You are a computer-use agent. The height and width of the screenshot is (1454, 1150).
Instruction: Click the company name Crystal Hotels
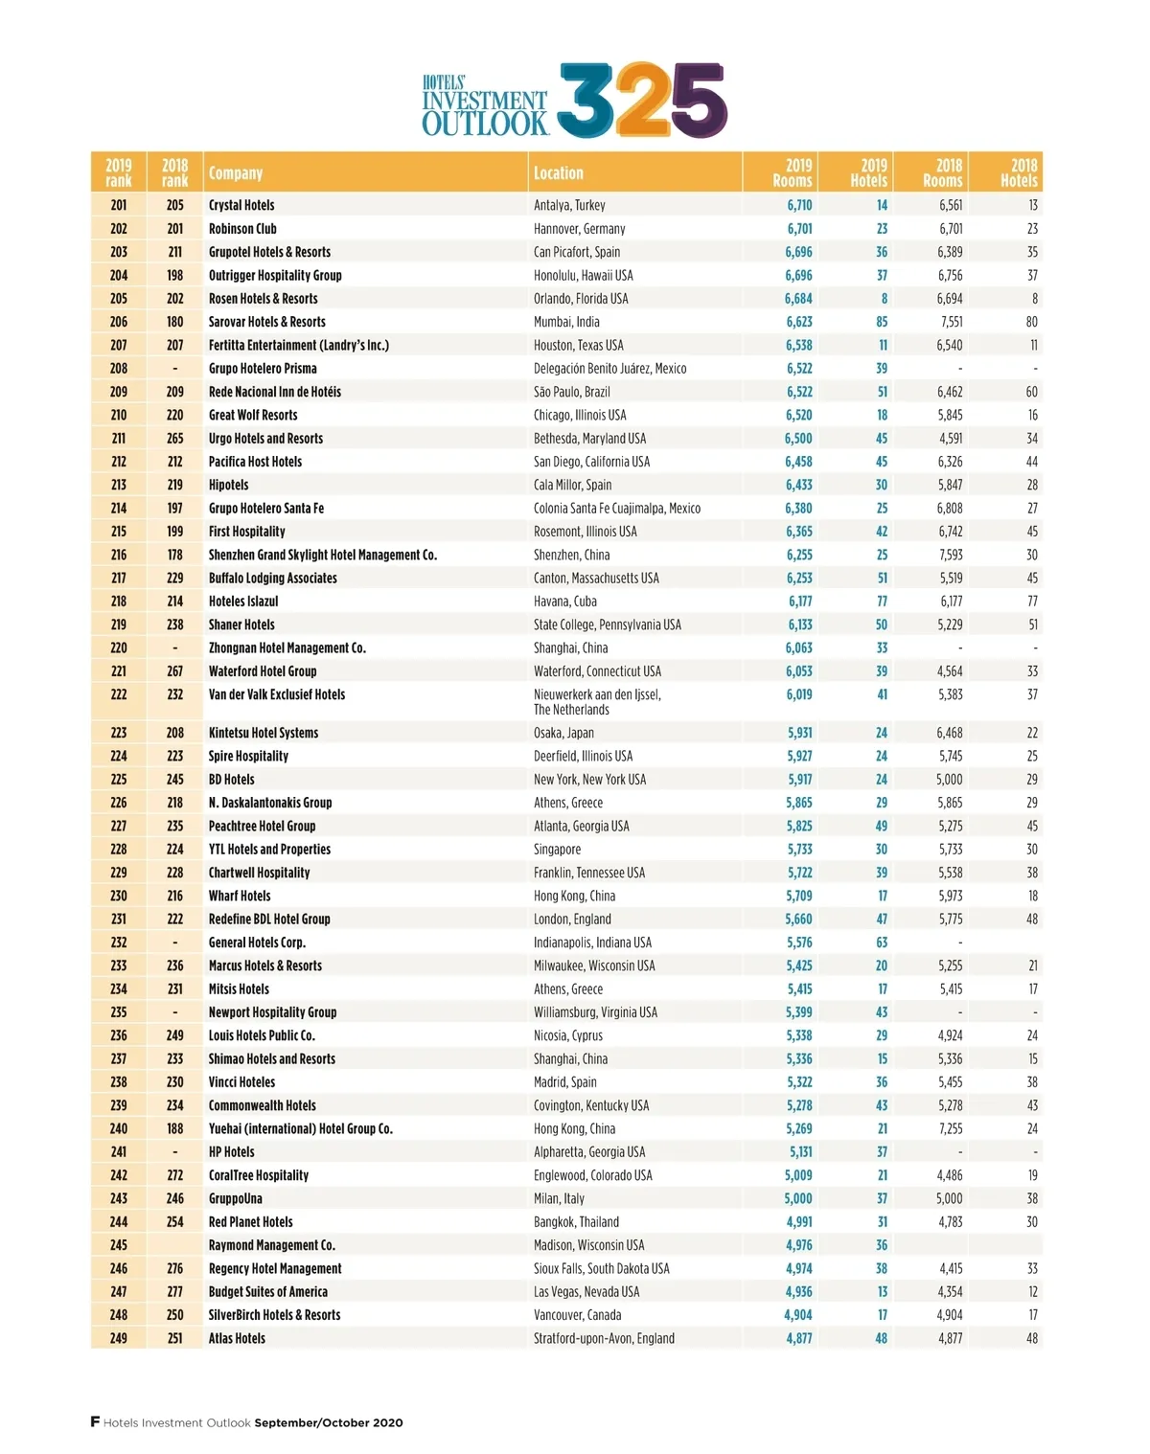tap(241, 205)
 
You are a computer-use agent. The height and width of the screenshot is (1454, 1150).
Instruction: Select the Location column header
tap(558, 173)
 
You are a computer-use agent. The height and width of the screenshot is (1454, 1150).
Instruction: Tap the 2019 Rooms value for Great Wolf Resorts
tap(798, 415)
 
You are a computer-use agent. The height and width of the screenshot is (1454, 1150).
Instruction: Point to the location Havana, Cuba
tap(565, 602)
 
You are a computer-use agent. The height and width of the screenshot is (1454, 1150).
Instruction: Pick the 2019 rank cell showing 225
tap(119, 780)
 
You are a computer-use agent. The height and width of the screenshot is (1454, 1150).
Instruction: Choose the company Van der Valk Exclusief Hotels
tap(277, 694)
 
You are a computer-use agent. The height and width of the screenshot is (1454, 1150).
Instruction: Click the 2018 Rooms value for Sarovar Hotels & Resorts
tap(951, 322)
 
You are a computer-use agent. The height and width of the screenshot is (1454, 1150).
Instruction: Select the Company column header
tap(236, 173)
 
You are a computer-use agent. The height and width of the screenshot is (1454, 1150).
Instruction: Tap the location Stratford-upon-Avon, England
tap(604, 1338)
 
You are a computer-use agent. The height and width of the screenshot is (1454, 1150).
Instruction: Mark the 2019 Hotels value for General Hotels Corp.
tap(881, 943)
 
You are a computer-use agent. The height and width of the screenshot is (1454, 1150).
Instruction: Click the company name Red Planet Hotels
tap(251, 1222)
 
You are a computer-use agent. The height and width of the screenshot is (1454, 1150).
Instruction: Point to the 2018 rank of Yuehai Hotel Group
tap(174, 1128)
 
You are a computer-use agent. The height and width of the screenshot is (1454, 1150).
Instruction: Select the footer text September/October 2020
tap(329, 1422)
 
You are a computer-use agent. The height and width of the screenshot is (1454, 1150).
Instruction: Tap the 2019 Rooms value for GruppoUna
tap(798, 1198)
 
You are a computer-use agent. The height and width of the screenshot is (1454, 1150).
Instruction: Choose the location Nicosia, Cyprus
tap(568, 1035)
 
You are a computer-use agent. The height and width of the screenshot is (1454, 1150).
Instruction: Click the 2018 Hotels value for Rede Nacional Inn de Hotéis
tap(1031, 392)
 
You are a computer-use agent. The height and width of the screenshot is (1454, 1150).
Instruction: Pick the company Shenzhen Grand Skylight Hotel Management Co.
tap(323, 555)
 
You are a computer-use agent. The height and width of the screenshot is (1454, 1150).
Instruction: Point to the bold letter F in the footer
tap(95, 1421)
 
